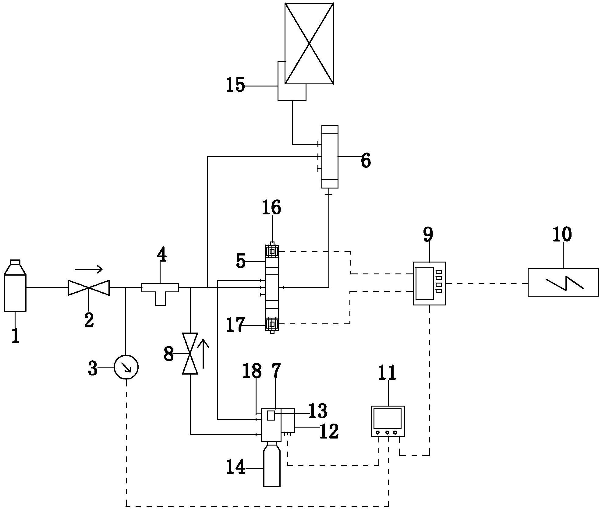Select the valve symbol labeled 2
click(x=88, y=287)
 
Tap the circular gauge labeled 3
click(x=126, y=367)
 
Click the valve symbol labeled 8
click(x=190, y=353)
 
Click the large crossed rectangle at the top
click(x=309, y=43)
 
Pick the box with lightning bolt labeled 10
click(x=563, y=282)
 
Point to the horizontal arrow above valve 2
click(x=89, y=269)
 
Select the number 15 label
click(x=235, y=85)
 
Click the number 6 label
click(x=366, y=160)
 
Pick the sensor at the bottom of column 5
click(x=272, y=325)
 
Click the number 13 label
click(x=318, y=411)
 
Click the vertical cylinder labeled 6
click(x=330, y=157)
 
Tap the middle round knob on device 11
click(x=387, y=432)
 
